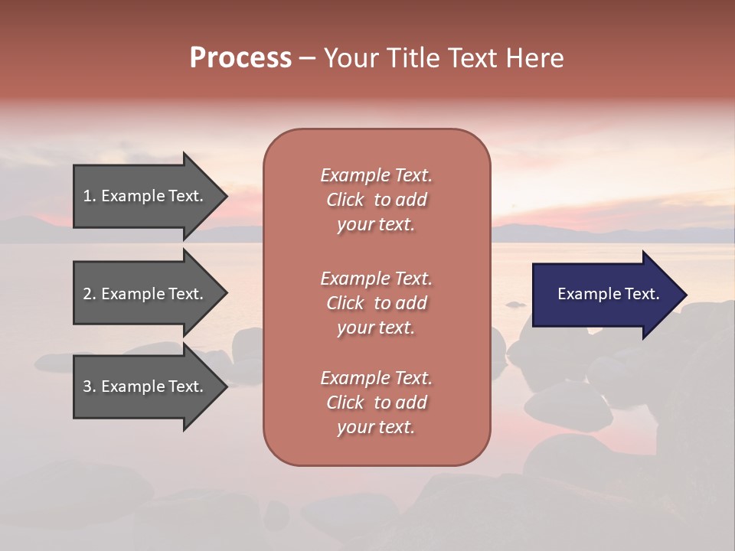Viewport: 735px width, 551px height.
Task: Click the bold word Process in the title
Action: click(240, 58)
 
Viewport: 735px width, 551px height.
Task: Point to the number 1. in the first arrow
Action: click(90, 196)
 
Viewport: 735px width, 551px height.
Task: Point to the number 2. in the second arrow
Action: click(90, 294)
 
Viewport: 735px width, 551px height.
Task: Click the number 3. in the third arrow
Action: click(90, 386)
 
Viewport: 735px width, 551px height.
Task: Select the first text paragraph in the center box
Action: click(377, 200)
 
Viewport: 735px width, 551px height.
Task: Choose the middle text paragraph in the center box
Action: click(377, 302)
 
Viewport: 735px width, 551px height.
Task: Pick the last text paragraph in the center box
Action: click(377, 403)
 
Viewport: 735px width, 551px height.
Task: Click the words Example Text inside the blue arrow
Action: click(609, 294)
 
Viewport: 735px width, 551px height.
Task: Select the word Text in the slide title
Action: click(469, 58)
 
